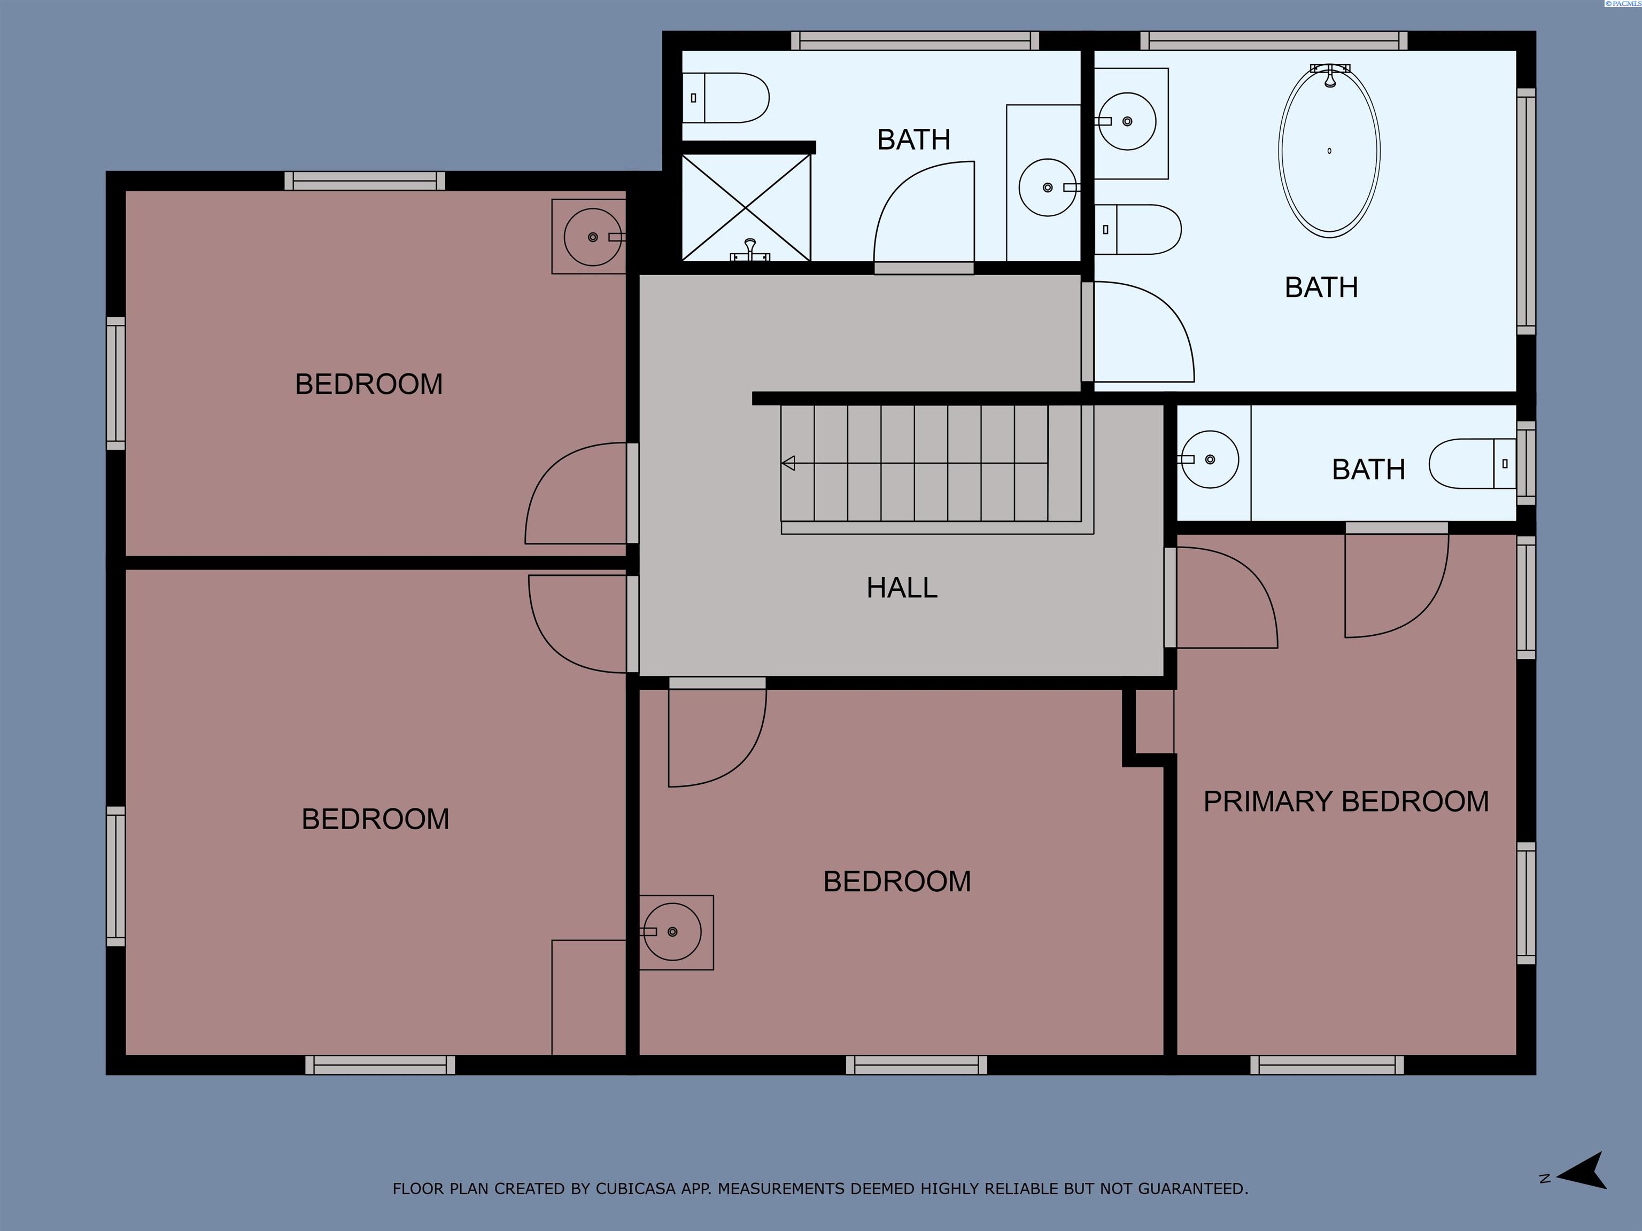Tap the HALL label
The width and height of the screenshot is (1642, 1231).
[901, 588]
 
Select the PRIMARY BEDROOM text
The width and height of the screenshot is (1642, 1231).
[1345, 802]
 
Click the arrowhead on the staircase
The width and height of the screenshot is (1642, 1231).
[788, 463]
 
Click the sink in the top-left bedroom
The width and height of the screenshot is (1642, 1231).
[592, 237]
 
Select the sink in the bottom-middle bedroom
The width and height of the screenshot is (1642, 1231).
[672, 932]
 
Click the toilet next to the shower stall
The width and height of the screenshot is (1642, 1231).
[725, 98]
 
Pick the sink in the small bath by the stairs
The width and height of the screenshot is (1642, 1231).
[1209, 460]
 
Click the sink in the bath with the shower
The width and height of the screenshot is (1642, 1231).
[1047, 188]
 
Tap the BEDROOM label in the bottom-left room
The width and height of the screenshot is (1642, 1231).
[375, 819]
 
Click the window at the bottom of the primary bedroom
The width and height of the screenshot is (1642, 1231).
[1327, 1065]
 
